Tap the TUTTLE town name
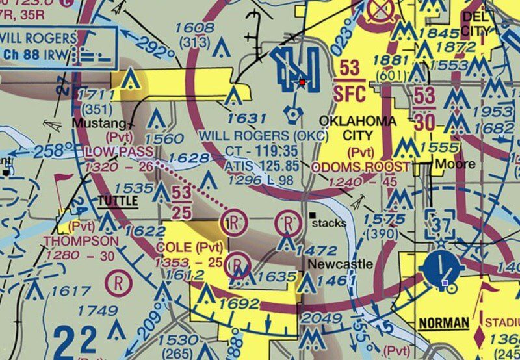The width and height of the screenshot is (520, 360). pos(118,201)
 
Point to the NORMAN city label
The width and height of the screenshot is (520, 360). pos(444,323)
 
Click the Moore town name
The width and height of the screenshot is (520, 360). pos(455,164)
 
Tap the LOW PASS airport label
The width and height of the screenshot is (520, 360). pos(119,151)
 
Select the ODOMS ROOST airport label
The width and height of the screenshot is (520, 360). pos(361,167)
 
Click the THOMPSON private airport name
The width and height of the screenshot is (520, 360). pos(81,241)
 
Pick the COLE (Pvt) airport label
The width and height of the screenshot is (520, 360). pos(190,248)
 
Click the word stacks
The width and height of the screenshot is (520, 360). pos(330,223)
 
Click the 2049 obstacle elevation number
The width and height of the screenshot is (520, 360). pos(322,318)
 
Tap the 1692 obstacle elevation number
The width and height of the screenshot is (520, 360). pos(239,303)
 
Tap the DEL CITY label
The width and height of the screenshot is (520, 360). pos(484,23)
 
